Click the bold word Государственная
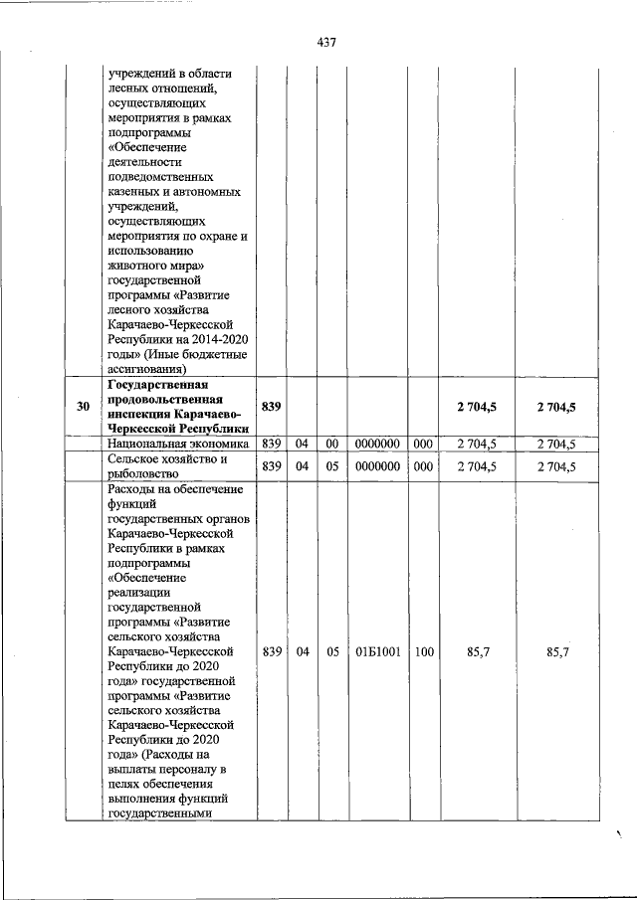149,384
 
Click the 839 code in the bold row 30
271,406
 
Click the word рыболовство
145,473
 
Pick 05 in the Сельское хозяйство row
333,466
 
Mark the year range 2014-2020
218,340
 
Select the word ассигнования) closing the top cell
149,370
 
